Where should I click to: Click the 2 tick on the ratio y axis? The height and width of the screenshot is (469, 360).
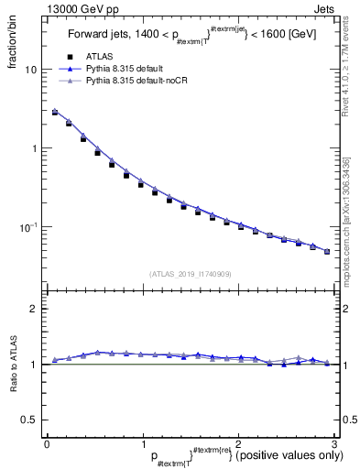pos(34,309)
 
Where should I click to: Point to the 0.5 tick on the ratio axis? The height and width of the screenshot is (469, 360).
pos(30,420)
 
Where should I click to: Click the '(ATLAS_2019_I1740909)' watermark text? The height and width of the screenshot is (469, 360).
pos(190,274)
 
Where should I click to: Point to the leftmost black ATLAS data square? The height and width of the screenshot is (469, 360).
pos(55,113)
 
